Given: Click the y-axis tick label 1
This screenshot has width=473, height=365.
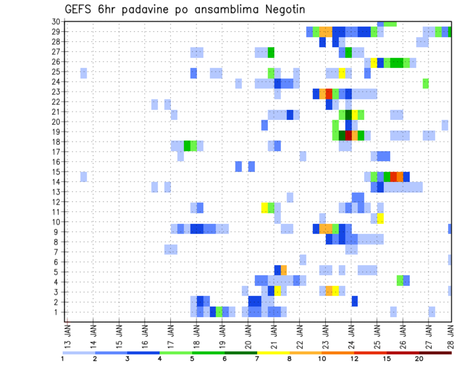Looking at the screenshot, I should [x=58, y=312].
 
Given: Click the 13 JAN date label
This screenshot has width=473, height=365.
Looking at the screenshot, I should [x=68, y=336].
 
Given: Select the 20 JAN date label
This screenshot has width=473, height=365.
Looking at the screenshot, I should [x=247, y=336].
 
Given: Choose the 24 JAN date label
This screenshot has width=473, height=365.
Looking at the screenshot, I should [x=350, y=336].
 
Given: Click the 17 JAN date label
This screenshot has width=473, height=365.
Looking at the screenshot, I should [x=170, y=336].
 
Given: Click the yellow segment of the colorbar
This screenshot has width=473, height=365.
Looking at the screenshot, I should [x=273, y=353].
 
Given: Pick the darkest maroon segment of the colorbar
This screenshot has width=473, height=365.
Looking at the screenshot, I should [x=436, y=353].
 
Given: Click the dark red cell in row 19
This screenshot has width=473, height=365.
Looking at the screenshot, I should [x=348, y=135].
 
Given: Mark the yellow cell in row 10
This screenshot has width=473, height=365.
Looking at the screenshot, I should [x=380, y=218].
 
